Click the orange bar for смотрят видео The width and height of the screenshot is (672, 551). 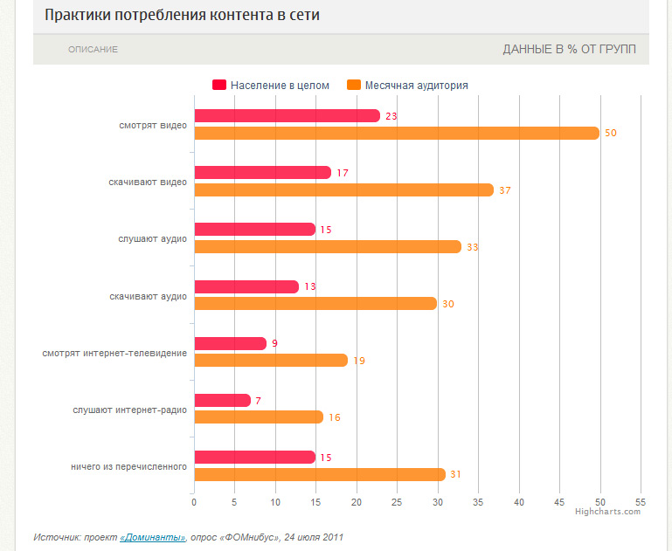point(397,133)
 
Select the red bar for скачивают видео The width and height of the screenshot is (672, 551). point(262,173)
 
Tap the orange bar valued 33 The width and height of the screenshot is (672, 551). point(328,247)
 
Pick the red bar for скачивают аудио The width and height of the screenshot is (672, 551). point(246,286)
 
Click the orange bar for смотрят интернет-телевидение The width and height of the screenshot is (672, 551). point(271,361)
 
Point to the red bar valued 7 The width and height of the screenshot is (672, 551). point(222,401)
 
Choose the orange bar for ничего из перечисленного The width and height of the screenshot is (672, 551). point(320,474)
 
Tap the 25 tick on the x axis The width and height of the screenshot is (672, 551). point(397,502)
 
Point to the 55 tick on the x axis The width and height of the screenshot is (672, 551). point(641,502)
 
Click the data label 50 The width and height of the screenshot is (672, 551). point(611,133)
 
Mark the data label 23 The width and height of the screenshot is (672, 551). point(391,116)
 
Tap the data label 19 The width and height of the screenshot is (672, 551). point(358,361)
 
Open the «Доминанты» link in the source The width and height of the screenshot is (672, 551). point(152,537)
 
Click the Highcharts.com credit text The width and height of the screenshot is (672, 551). point(607,512)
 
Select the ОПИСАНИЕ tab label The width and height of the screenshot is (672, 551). point(93,50)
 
